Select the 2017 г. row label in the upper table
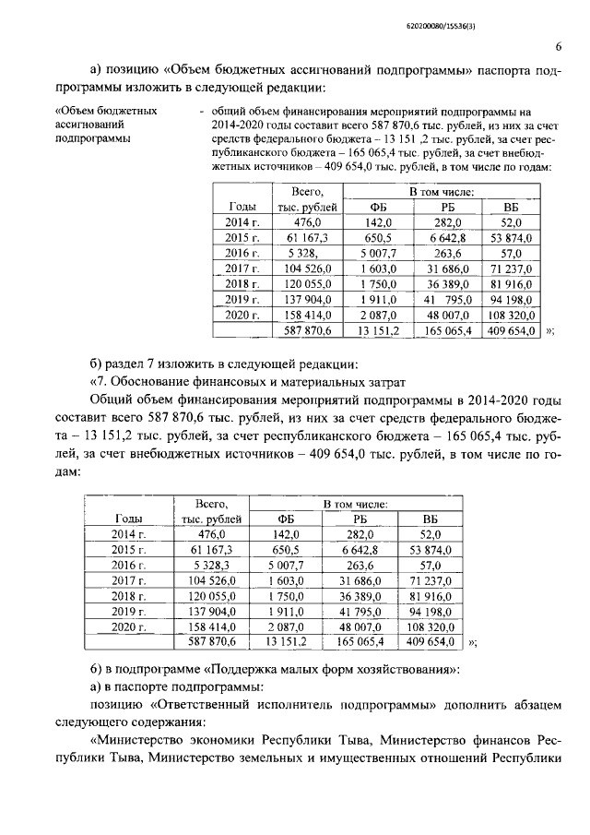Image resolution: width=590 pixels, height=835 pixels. coord(243,268)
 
